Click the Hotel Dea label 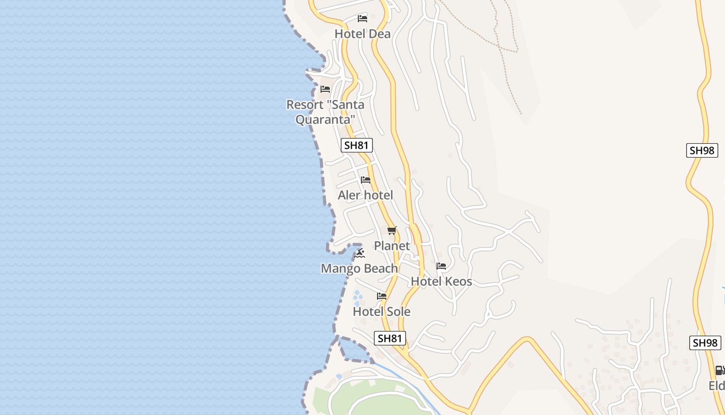pyautogui.click(x=363, y=34)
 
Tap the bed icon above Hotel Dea pyautogui.click(x=363, y=19)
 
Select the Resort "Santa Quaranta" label pyautogui.click(x=325, y=112)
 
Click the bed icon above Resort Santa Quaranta pyautogui.click(x=325, y=89)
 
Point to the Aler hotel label pyautogui.click(x=365, y=196)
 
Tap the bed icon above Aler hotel pyautogui.click(x=366, y=180)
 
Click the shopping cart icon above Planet pyautogui.click(x=392, y=230)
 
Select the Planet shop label pyautogui.click(x=392, y=246)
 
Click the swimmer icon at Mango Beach pyautogui.click(x=360, y=253)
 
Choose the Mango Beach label pyautogui.click(x=359, y=269)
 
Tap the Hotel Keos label pyautogui.click(x=441, y=282)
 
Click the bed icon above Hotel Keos pyautogui.click(x=441, y=266)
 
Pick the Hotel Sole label pyautogui.click(x=382, y=312)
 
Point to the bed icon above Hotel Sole pyautogui.click(x=382, y=296)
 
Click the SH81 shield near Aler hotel pyautogui.click(x=357, y=145)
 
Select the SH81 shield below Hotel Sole pyautogui.click(x=389, y=339)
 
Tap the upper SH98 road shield pyautogui.click(x=702, y=150)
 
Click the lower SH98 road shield pyautogui.click(x=705, y=343)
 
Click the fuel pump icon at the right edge pyautogui.click(x=720, y=370)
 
